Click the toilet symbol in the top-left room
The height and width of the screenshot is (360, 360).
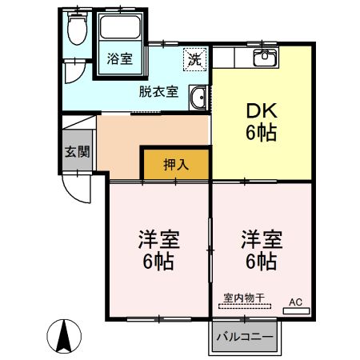(76, 31)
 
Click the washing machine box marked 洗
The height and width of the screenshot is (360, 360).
(194, 58)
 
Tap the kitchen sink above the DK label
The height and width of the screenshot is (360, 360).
(263, 57)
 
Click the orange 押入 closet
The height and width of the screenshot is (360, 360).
(176, 165)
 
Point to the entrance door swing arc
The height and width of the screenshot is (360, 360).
(78, 192)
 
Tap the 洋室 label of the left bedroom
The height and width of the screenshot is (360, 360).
(158, 239)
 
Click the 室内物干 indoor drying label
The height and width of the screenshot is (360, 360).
(245, 297)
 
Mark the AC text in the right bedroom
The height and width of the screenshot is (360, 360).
(295, 302)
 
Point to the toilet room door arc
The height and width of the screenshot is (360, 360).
(74, 70)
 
